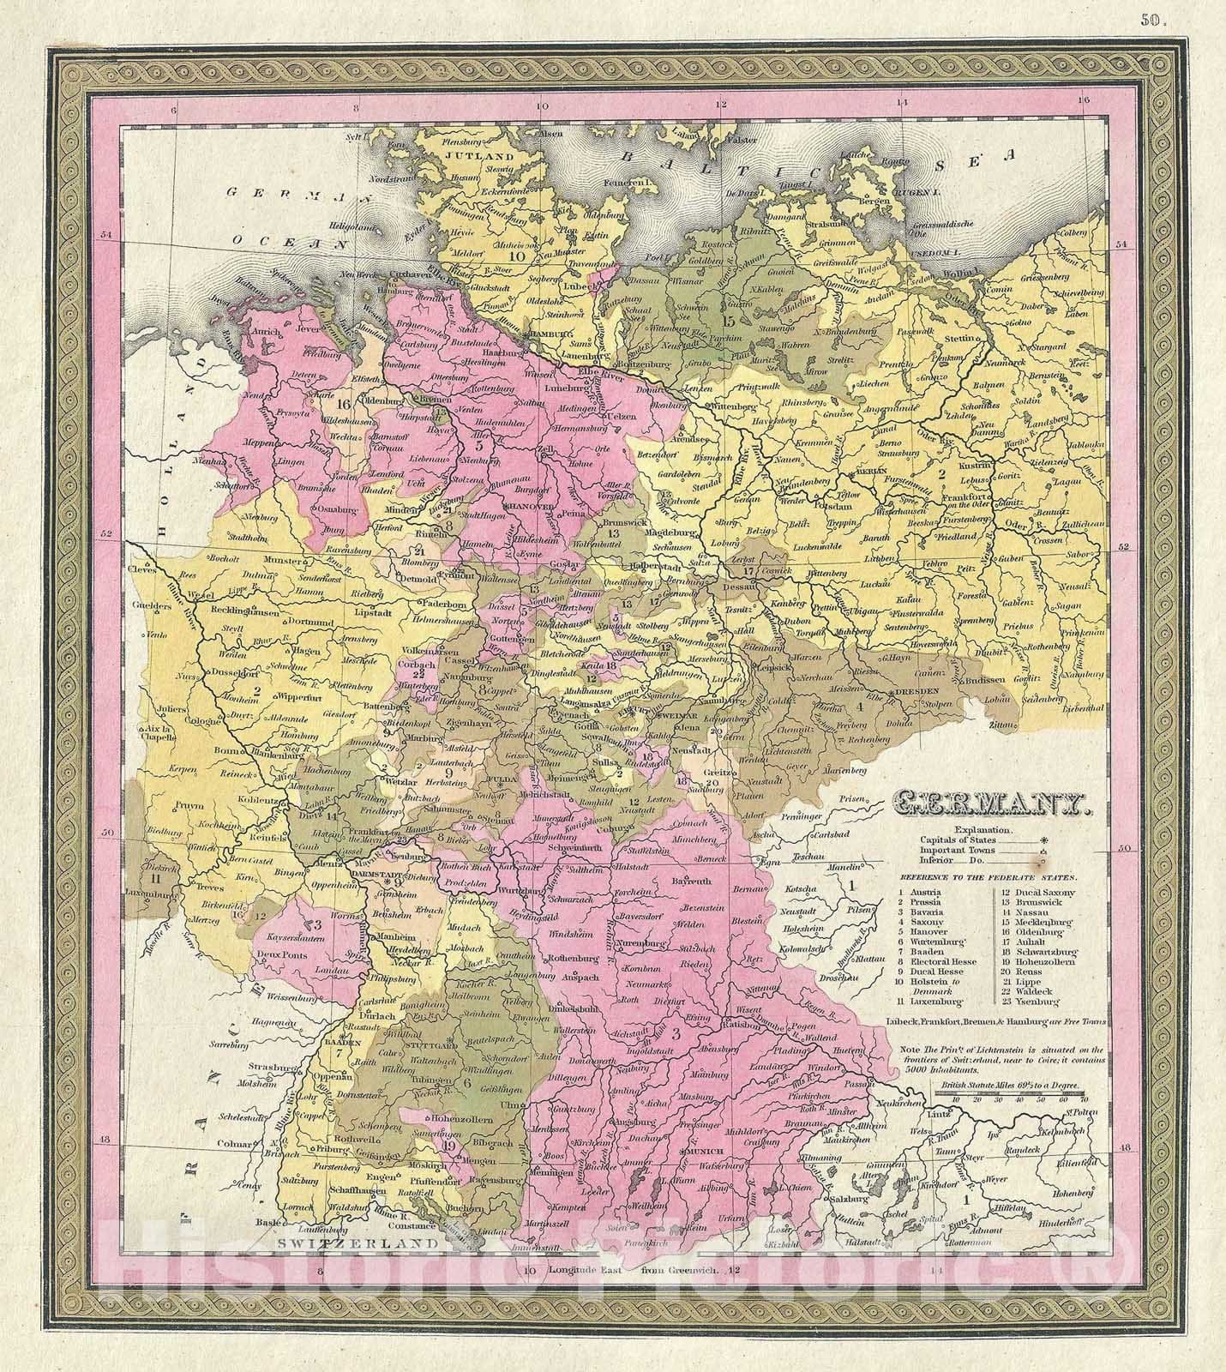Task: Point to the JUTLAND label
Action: coord(483,156)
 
